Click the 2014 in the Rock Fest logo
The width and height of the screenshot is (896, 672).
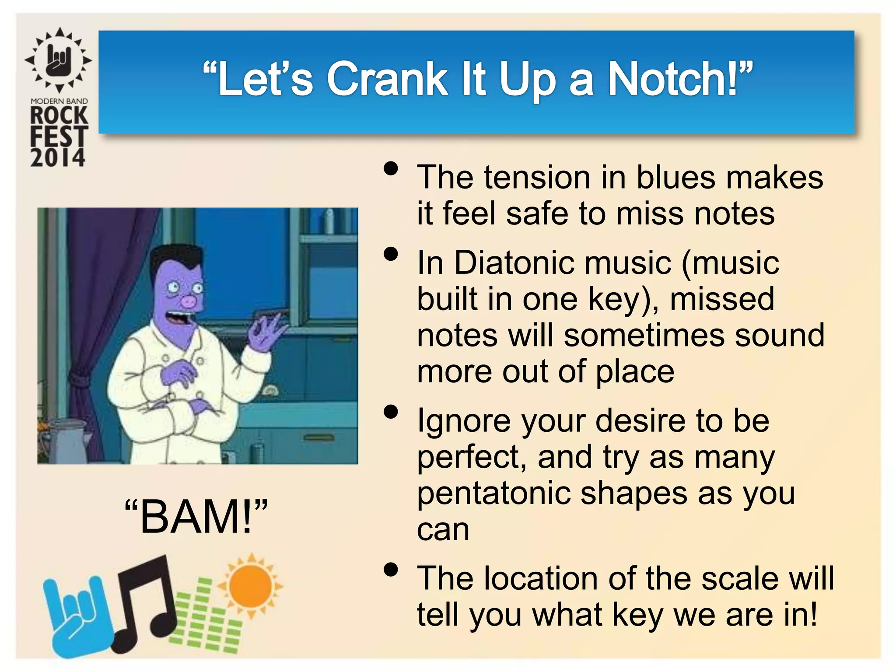57,157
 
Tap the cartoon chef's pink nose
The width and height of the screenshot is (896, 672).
189,301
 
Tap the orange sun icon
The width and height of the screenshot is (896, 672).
250,585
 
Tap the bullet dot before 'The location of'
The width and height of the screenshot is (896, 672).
391,570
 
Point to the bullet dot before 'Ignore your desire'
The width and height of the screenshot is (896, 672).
391,412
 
